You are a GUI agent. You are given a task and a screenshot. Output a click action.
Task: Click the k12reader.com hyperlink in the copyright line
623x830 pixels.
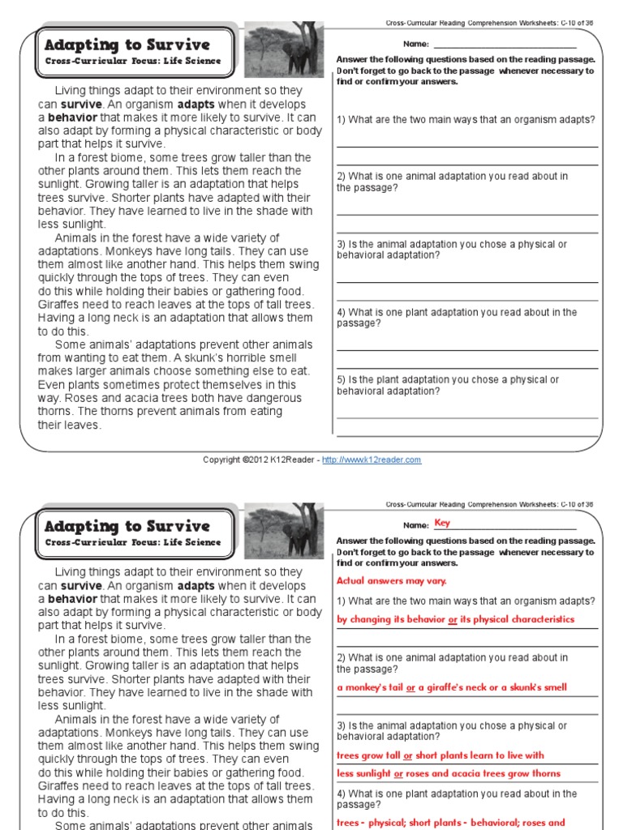tap(372, 460)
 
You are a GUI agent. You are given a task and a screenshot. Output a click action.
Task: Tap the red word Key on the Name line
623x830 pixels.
tap(442, 523)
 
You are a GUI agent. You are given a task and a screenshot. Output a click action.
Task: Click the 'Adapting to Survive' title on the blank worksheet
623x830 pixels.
tap(127, 45)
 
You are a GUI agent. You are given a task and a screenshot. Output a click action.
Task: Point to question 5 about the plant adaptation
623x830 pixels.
tap(448, 385)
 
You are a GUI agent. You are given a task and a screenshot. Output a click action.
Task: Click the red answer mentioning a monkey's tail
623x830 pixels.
tap(452, 687)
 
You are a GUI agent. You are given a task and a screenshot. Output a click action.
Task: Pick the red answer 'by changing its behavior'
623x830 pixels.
tap(455, 619)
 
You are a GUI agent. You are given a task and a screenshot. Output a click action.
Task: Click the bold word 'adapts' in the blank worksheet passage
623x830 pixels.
tap(195, 105)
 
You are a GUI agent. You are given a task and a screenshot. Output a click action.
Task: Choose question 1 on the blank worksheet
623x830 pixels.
tap(466, 120)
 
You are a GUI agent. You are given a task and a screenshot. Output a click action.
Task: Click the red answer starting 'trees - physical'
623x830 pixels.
tap(451, 823)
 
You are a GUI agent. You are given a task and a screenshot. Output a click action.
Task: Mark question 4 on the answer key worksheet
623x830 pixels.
tap(457, 799)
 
